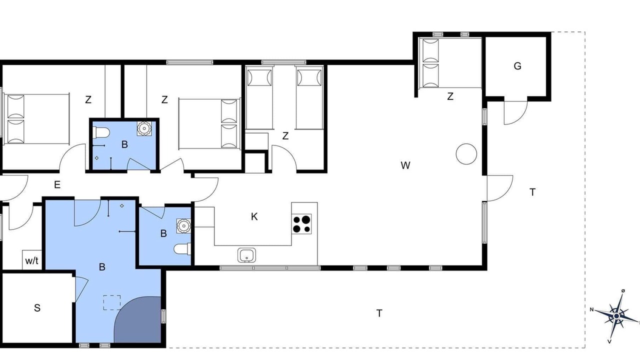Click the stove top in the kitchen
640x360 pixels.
pos(301,224)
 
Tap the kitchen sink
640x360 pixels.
pos(246,255)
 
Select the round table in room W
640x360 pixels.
pos(466,153)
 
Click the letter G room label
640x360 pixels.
pos(517,66)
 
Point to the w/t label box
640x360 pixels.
pos(32,259)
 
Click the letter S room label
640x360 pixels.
pos(37,307)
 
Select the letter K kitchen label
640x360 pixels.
pos(254,216)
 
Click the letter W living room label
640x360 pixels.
pos(405,165)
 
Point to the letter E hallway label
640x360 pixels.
pos(57,184)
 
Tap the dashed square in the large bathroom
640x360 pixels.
pos(111,302)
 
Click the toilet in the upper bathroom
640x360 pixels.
pos(102,132)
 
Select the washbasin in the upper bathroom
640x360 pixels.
pos(144,128)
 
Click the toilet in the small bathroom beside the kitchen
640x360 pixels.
pos(182,248)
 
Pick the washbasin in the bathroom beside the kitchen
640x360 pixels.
pos(183,226)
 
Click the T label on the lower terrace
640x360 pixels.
pos(379,313)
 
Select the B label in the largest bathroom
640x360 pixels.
pos(102,267)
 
